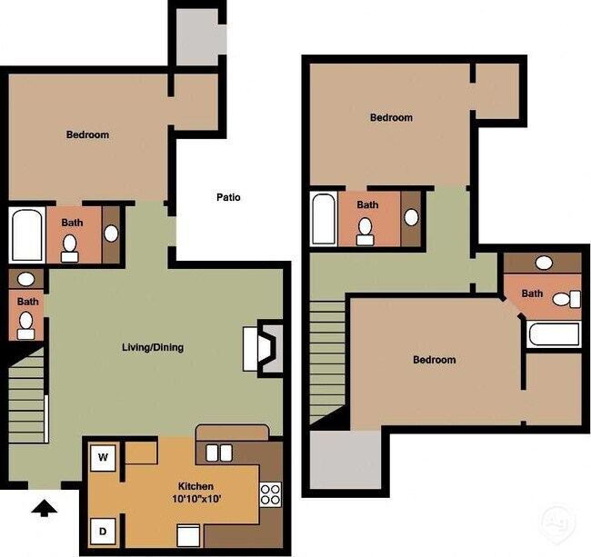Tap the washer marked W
pyautogui.click(x=103, y=456)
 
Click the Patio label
pyautogui.click(x=228, y=197)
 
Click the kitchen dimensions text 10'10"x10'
pyautogui.click(x=195, y=499)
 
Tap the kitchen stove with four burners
pyautogui.click(x=270, y=494)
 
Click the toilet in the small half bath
pyautogui.click(x=26, y=321)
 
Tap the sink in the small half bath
pyautogui.click(x=26, y=280)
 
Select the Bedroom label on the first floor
pyautogui.click(x=87, y=135)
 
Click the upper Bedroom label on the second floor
pyautogui.click(x=391, y=117)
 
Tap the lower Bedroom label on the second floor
pyautogui.click(x=434, y=360)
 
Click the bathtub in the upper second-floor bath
pyautogui.click(x=324, y=219)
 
